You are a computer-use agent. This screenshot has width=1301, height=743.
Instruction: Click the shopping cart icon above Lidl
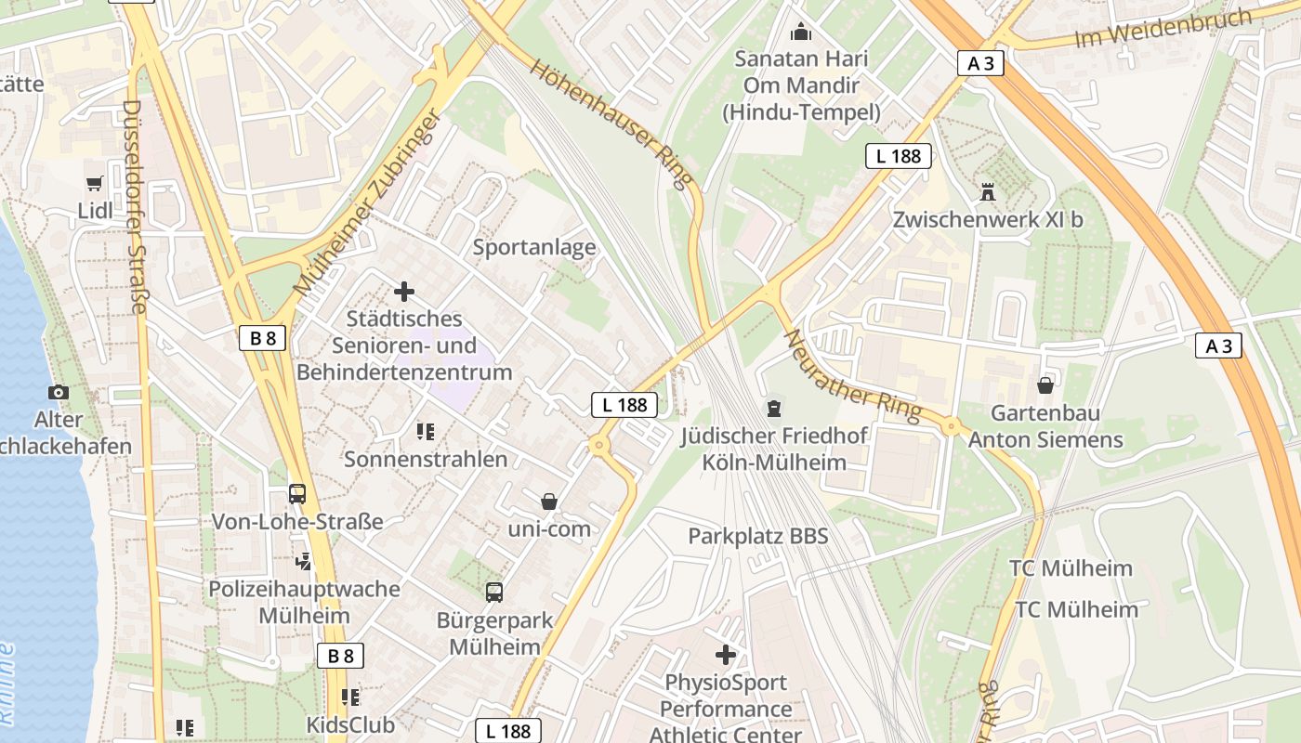(x=94, y=184)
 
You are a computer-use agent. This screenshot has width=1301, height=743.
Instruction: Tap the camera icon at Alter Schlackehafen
(x=59, y=392)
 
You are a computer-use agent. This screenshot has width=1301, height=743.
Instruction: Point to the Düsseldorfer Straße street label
(x=136, y=207)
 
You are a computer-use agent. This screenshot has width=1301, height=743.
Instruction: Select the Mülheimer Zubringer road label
(x=365, y=203)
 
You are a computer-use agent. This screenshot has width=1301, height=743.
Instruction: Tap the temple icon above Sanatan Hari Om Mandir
(x=800, y=33)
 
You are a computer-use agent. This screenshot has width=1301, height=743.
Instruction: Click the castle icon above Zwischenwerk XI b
(x=987, y=192)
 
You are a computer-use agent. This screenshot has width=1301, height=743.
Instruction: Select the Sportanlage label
(x=534, y=247)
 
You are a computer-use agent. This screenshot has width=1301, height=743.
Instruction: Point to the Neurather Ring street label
(x=852, y=374)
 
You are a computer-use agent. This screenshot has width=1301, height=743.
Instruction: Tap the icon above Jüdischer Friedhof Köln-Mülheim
(x=773, y=408)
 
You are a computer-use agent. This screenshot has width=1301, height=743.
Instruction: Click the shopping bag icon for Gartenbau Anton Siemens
(x=1045, y=385)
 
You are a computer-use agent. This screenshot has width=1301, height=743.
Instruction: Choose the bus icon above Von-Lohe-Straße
(x=297, y=494)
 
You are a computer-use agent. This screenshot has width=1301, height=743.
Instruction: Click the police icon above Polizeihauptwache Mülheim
(x=304, y=561)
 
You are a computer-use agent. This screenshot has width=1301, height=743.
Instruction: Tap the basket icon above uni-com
(x=549, y=502)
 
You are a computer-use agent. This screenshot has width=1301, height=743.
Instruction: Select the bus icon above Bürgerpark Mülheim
(x=494, y=592)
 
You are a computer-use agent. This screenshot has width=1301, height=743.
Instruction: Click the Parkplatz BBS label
(x=757, y=536)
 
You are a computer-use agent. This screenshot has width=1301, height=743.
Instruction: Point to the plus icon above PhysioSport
(x=725, y=655)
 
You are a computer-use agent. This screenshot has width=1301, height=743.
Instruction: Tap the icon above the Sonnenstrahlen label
(x=426, y=431)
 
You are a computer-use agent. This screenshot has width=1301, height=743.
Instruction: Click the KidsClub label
(x=350, y=724)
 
